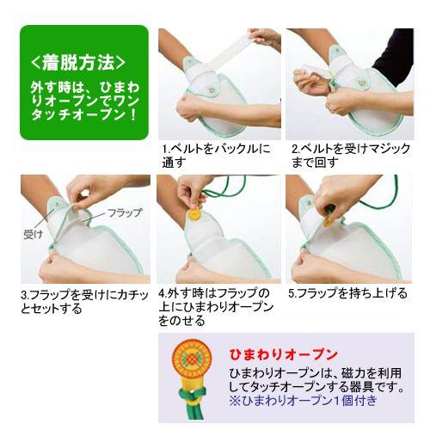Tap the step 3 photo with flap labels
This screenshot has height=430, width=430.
(x=83, y=229)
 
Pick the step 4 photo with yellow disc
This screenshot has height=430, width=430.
(x=218, y=229)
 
